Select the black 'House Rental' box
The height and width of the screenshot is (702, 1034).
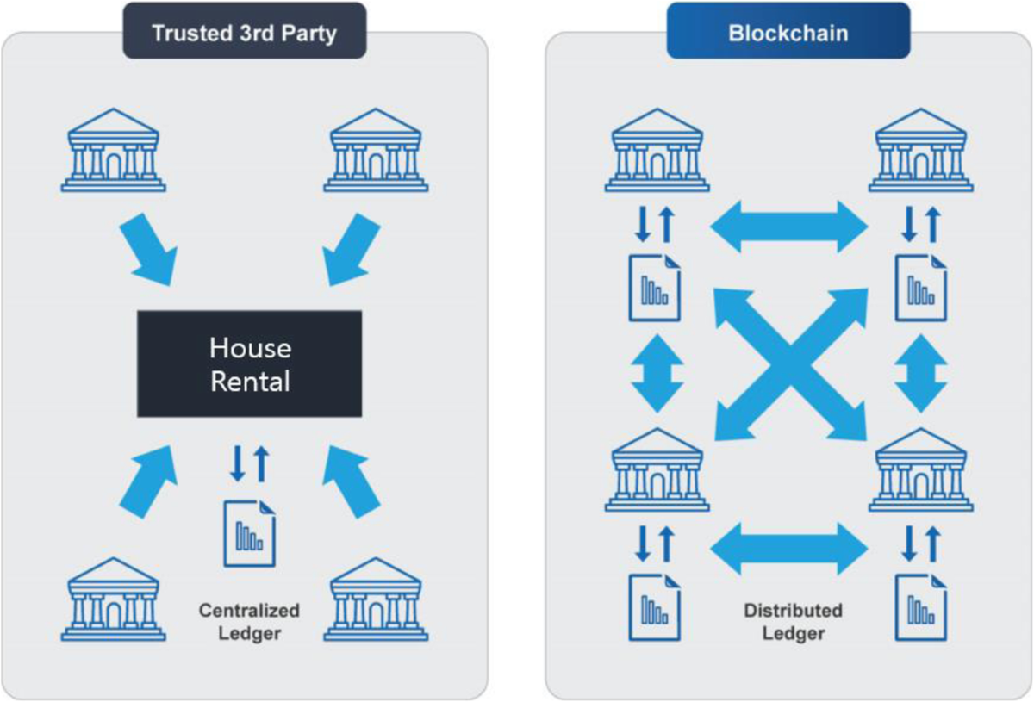click(x=250, y=364)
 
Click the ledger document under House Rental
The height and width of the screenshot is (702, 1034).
click(x=250, y=532)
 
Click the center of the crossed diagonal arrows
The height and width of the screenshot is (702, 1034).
click(x=790, y=364)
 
